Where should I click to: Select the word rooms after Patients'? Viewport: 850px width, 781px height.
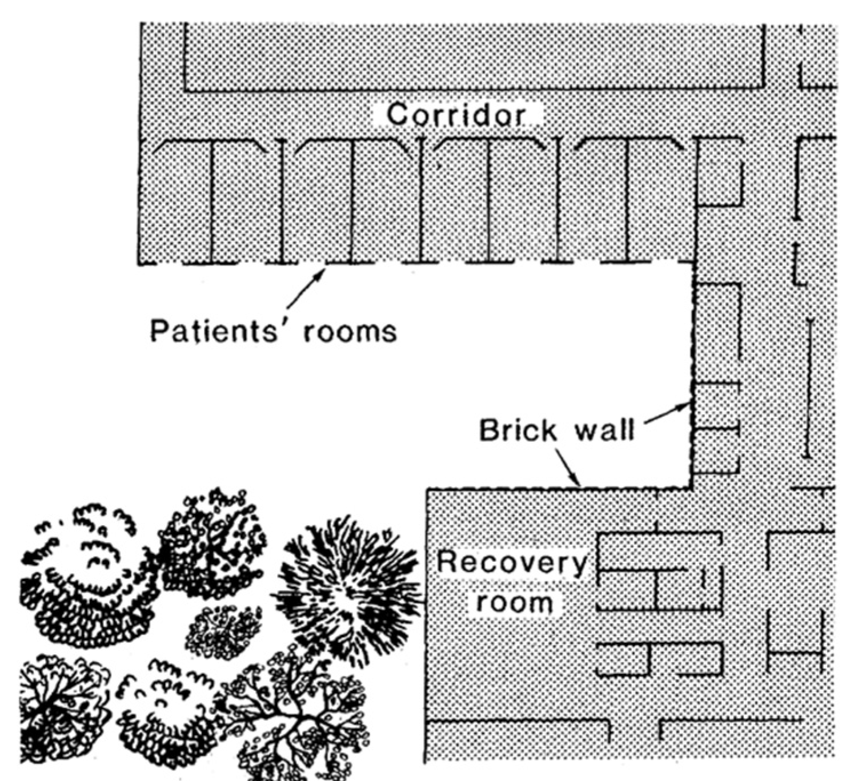point(350,331)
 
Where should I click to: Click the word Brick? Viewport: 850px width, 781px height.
point(518,430)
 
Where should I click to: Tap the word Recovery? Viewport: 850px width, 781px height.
point(512,563)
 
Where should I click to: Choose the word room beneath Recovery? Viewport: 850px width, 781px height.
point(514,602)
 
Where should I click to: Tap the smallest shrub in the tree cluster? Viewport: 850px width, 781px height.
point(223,631)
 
